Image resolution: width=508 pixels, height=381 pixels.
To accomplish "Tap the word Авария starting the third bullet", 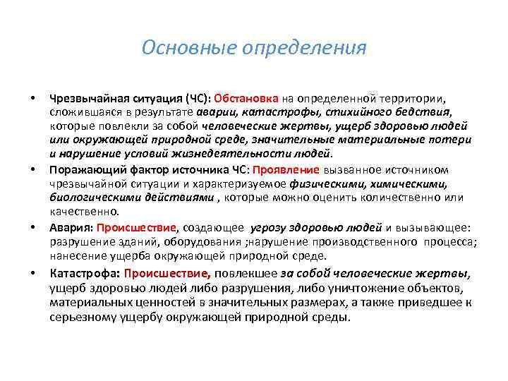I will point(71,228).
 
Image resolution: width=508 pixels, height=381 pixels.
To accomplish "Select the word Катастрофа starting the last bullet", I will point(84,273).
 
